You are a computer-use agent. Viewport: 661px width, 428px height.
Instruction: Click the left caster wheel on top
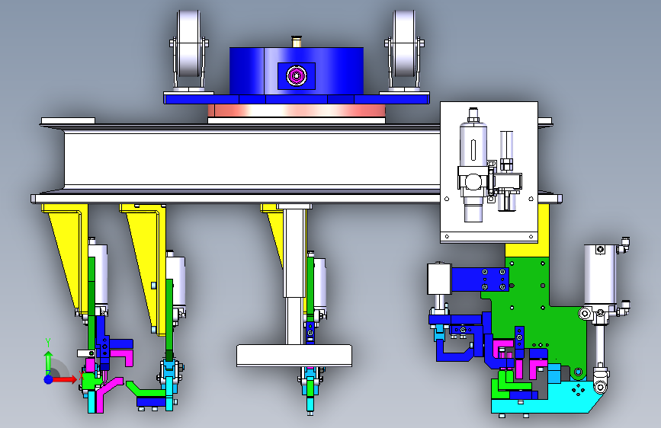pyautogui.click(x=188, y=43)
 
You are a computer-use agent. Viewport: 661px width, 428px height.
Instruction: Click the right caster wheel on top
pyautogui.click(x=403, y=43)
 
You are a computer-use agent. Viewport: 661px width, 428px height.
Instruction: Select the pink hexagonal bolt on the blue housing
pyautogui.click(x=297, y=76)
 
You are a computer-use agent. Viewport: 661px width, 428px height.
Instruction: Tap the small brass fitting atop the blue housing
pyautogui.click(x=297, y=42)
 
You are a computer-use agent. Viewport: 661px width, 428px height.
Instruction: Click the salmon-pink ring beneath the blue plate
pyautogui.click(x=297, y=110)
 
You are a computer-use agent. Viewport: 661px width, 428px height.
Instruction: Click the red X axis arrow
pyautogui.click(x=63, y=379)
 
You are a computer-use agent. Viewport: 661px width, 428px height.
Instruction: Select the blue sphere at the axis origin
pyautogui.click(x=49, y=379)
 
